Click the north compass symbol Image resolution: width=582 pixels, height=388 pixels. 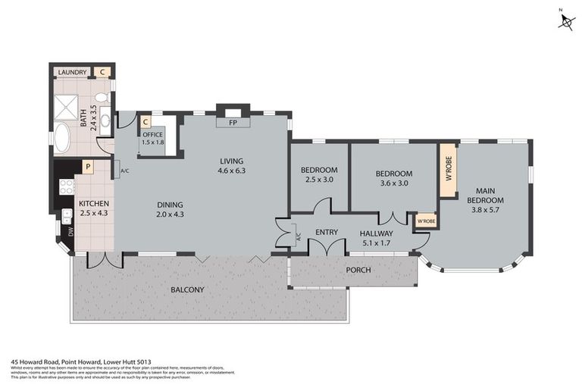point(566,20)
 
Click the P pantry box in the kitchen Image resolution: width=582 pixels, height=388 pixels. point(88,167)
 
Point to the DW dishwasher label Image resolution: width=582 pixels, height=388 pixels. point(71,232)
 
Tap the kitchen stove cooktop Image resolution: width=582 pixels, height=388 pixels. point(67,186)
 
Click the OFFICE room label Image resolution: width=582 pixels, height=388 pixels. point(153,135)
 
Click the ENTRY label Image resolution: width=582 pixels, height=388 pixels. point(327,233)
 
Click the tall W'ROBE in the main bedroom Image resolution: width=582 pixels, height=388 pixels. point(449,171)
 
